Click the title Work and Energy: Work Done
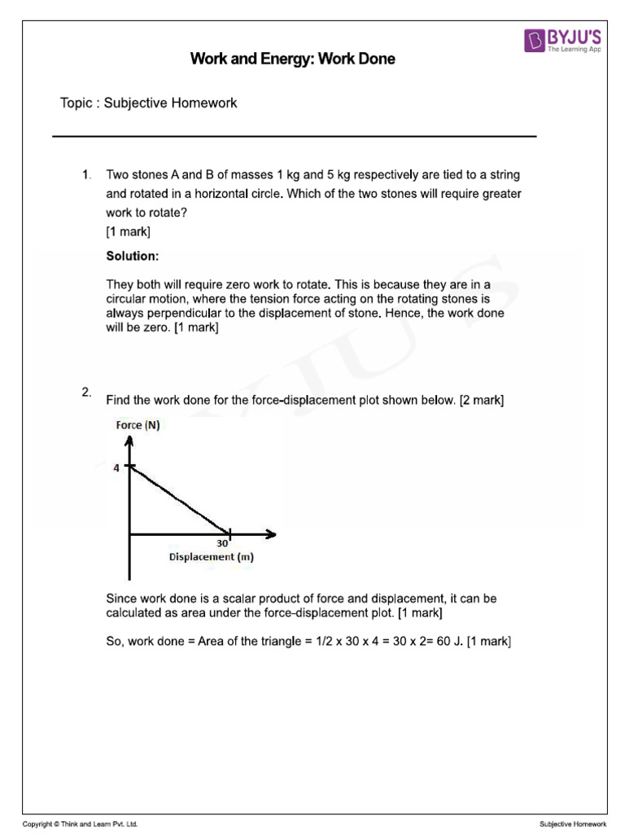tap(292, 59)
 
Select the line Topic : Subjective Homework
tap(148, 103)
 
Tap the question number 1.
tap(85, 175)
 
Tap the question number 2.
tap(85, 393)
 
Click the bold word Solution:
tap(133, 256)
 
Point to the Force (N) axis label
tap(138, 424)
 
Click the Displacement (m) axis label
tap(211, 557)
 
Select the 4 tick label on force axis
tap(116, 467)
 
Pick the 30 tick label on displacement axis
tap(221, 543)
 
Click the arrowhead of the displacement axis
tap(271, 534)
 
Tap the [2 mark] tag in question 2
tap(482, 400)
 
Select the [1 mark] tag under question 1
tap(128, 231)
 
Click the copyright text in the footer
tap(80, 824)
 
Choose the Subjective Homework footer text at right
tap(573, 824)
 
